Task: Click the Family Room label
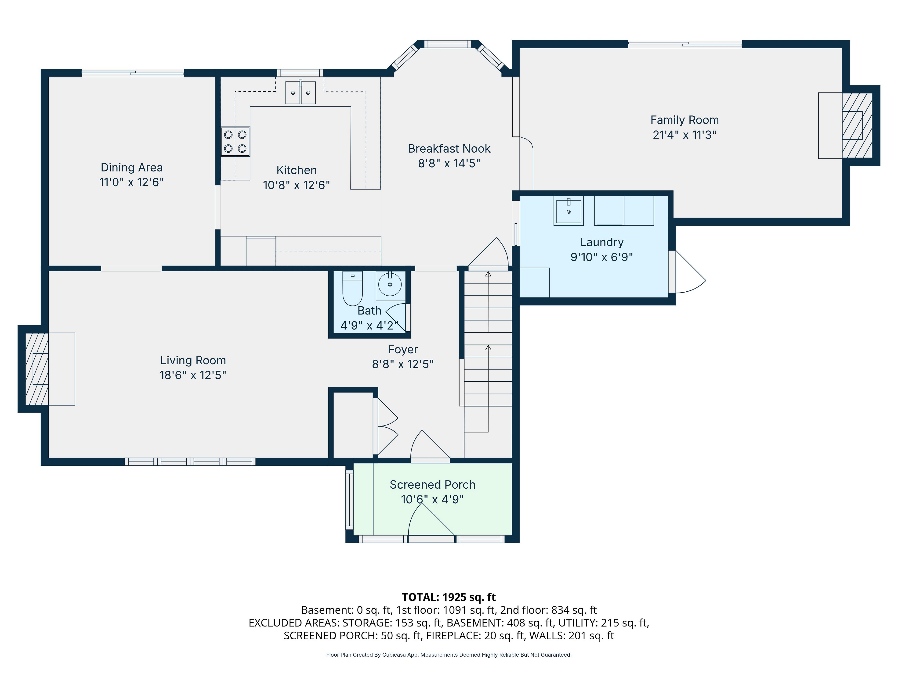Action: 684,120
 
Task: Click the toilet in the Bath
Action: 352,288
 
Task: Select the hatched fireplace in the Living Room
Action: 37,369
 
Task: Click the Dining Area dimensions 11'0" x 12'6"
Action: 131,182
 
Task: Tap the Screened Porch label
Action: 432,485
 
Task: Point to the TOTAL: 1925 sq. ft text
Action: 449,597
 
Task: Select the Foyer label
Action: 403,349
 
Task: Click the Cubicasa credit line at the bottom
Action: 449,655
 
